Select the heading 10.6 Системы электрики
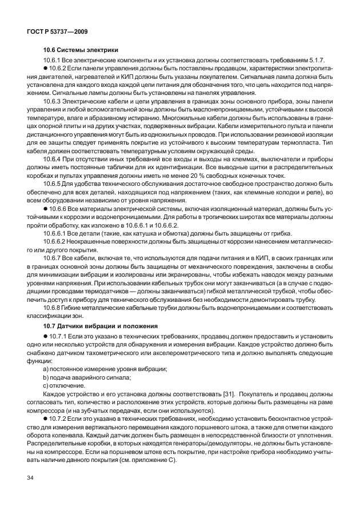pyautogui.click(x=81, y=50)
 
